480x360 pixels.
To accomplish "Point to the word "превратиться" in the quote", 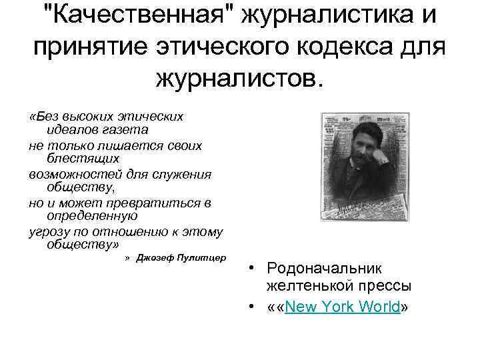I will click(x=159, y=203).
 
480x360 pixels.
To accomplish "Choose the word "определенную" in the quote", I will click(x=92, y=217).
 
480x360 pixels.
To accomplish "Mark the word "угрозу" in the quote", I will click(x=49, y=231).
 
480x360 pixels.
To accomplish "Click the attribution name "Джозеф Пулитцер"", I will click(x=181, y=258).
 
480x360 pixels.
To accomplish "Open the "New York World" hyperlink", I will click(x=343, y=307).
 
